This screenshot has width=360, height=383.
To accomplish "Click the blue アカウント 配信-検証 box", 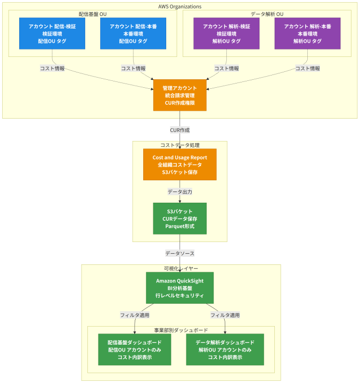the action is coord(52,34).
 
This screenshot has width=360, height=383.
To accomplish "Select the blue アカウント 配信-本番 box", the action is coord(133,34).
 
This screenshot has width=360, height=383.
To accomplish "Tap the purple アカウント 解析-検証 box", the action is coord(226,34).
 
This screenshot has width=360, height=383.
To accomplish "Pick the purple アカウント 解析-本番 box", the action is coord(307,34).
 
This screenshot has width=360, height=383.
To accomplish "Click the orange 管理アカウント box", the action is coord(180,95).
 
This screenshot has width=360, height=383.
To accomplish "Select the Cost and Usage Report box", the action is coord(180,164).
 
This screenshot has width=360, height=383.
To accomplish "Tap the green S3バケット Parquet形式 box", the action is coord(180,219).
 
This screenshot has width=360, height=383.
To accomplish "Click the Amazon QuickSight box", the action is coord(180,288).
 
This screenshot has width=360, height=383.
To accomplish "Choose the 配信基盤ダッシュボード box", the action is coord(135,349).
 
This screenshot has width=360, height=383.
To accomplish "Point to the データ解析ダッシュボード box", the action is coord(225,349).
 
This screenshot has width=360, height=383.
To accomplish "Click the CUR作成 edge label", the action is coord(180,130).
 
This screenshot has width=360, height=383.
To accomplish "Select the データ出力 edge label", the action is coord(180,191).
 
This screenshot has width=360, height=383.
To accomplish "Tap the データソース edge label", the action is coord(180,254).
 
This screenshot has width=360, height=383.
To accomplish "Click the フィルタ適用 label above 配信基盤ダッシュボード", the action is coord(135,315).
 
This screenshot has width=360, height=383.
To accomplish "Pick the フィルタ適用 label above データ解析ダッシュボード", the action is coord(225,315).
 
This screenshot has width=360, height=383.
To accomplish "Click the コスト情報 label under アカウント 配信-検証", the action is coord(52,69).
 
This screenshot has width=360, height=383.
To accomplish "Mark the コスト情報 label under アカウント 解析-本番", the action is coord(307,69).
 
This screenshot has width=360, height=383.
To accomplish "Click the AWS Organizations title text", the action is coord(180,6).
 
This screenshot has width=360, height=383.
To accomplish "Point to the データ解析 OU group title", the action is coord(267,14).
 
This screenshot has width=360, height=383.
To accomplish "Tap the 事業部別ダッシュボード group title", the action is coord(181,330).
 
